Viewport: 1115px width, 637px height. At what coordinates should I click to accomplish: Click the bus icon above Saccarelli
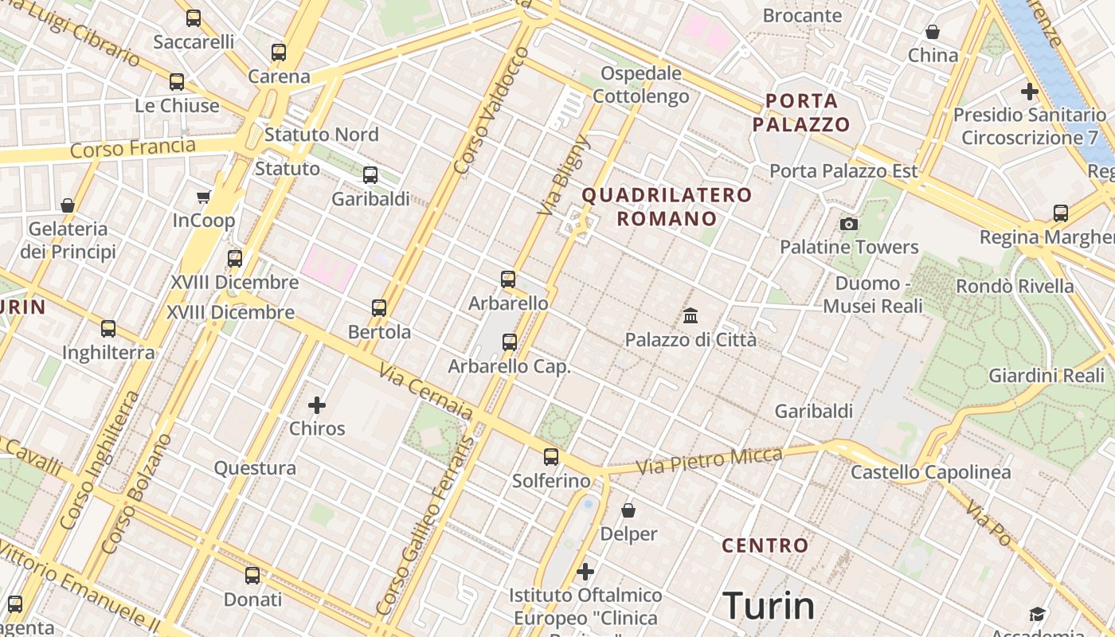(194, 18)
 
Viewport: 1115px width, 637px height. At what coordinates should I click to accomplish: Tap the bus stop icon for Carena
(278, 53)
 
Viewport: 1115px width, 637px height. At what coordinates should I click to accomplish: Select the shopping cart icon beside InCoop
(204, 197)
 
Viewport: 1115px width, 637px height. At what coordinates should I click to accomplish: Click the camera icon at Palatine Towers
(849, 224)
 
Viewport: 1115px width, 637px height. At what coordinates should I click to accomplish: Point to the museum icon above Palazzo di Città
(691, 316)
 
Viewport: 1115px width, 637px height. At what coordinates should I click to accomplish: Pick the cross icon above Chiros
(317, 405)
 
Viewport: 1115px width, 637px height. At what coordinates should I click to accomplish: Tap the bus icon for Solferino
(551, 457)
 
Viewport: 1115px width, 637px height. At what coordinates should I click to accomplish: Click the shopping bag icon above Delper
(628, 510)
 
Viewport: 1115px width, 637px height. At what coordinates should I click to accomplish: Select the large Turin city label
(769, 606)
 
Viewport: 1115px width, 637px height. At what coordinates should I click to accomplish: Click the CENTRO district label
(765, 545)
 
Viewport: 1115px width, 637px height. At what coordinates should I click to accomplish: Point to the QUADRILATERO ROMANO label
(667, 206)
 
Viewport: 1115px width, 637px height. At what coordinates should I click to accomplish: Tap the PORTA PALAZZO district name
(801, 112)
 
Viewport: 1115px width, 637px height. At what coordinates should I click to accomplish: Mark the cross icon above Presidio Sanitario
(1030, 91)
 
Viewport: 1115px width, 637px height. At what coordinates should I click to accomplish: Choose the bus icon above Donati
(252, 575)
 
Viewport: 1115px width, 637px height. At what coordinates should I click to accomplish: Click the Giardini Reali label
(1046, 375)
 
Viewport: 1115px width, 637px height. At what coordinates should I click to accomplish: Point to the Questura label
(255, 467)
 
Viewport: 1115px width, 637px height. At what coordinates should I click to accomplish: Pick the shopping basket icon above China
(933, 32)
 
